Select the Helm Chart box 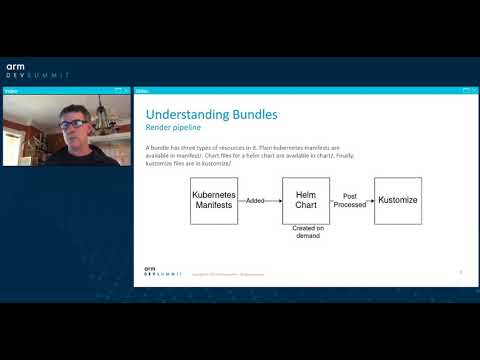click(306, 201)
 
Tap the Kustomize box click(397, 201)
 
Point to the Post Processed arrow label click(351, 200)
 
